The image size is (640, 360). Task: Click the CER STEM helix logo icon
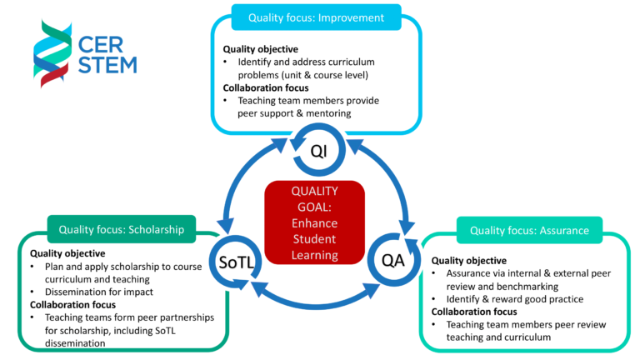pos(52,55)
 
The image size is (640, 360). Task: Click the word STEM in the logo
pos(107,65)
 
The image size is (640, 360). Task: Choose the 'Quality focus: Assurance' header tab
pos(529,230)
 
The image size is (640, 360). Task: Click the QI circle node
pos(319,151)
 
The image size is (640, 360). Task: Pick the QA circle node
pos(392,260)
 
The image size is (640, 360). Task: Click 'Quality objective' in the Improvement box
pos(260,48)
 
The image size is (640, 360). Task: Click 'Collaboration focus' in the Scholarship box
pos(68,305)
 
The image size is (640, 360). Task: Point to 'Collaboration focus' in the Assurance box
pos(469,312)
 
